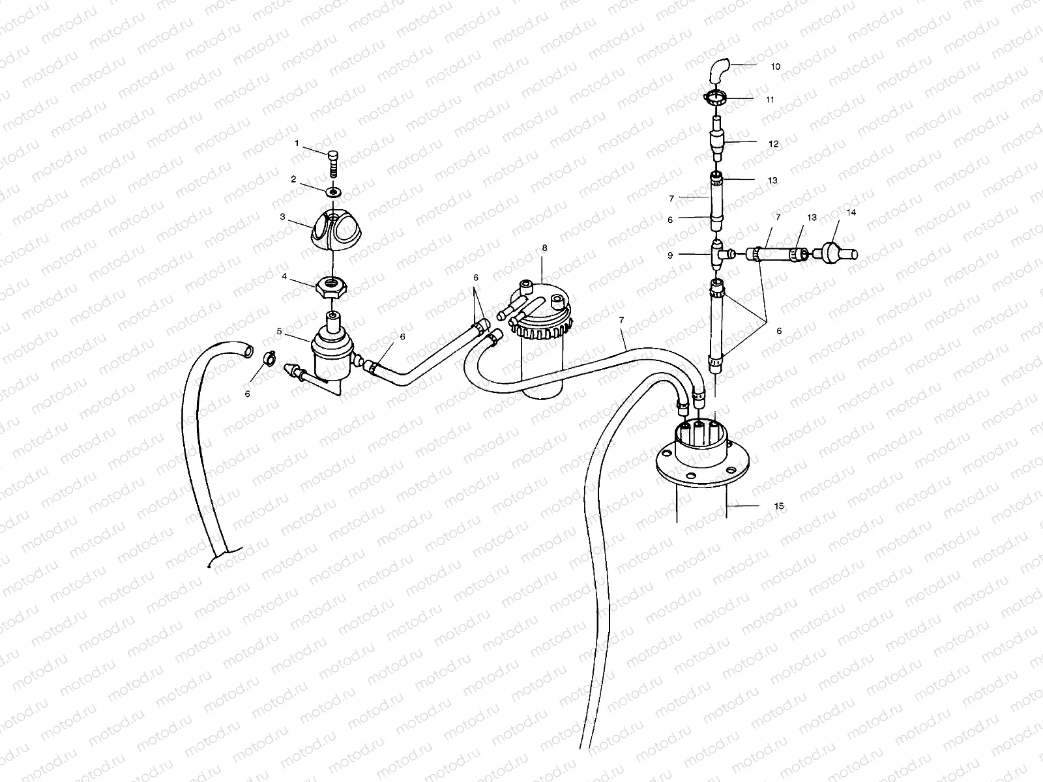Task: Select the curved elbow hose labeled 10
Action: (718, 70)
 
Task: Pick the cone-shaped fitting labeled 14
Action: (837, 252)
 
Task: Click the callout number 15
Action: (779, 506)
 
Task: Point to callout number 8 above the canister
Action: (544, 248)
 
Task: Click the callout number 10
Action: (775, 66)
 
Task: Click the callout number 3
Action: (282, 216)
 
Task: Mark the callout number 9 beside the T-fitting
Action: (669, 256)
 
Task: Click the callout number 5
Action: (280, 331)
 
